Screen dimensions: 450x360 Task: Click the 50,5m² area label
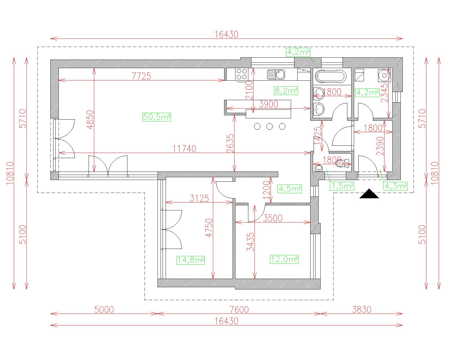pos(157,117)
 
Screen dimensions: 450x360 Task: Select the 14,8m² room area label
pos(190,260)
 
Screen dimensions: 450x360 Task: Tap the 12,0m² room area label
pos(284,259)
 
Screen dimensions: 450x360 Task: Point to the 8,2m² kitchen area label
pos(286,91)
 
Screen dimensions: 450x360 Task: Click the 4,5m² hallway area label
pos(290,189)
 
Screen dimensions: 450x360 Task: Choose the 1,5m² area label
pos(342,186)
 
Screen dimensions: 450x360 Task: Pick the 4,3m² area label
pos(395,186)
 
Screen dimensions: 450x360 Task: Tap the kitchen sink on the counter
pos(276,75)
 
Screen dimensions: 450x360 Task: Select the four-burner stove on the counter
pos(241,74)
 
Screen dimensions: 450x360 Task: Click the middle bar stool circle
pos(269,126)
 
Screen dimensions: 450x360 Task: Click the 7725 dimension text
pos(141,76)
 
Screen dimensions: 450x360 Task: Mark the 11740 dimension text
pos(184,149)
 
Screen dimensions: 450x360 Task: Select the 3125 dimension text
pos(199,198)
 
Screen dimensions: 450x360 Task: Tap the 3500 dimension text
pos(273,218)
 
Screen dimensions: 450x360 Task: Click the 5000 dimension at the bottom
pos(104,310)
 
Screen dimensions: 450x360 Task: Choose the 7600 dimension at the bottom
pos(239,310)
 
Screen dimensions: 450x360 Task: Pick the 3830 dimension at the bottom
pos(362,310)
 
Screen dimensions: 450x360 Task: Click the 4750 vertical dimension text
pos(209,228)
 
